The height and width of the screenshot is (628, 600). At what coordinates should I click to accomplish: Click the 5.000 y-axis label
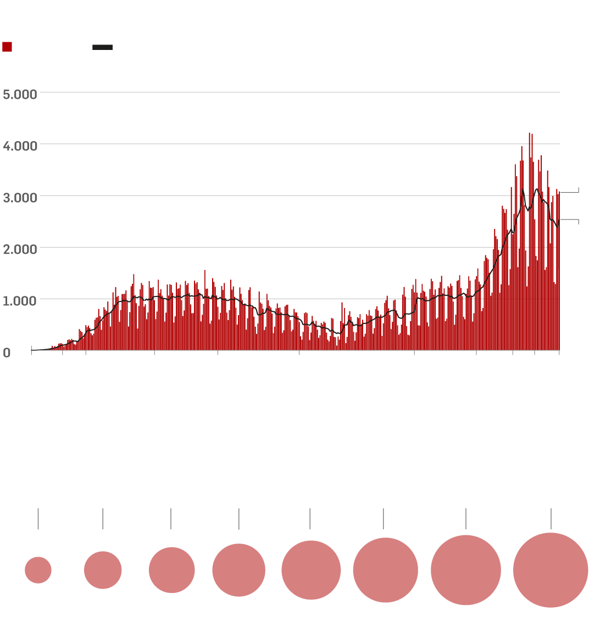(20, 94)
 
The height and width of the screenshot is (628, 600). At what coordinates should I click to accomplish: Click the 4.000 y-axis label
(20, 146)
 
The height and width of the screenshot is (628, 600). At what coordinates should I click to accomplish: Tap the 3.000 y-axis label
(20, 198)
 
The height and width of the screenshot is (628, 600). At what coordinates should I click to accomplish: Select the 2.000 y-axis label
(20, 249)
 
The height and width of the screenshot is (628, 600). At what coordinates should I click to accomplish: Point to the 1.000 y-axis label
(20, 301)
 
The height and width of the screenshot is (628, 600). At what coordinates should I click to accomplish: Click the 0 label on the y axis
(7, 353)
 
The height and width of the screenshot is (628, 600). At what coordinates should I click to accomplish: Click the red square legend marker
(7, 47)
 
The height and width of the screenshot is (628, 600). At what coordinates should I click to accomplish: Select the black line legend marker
(102, 47)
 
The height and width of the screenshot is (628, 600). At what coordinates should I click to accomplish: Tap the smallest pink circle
(38, 570)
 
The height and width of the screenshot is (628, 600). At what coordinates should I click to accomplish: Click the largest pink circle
(551, 570)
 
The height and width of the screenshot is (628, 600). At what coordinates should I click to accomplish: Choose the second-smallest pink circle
(103, 570)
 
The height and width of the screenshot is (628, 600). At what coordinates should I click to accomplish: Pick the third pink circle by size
(171, 570)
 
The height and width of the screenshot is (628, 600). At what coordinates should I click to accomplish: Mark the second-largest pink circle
(466, 570)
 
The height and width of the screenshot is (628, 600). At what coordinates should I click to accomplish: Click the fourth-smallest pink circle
(239, 570)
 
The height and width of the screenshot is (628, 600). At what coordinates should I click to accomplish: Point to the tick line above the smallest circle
(38, 519)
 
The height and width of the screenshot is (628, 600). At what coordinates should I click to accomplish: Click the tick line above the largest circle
(551, 519)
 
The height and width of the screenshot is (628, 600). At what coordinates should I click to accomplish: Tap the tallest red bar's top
(529, 133)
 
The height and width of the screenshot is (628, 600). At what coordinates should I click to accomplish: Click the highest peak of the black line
(537, 189)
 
